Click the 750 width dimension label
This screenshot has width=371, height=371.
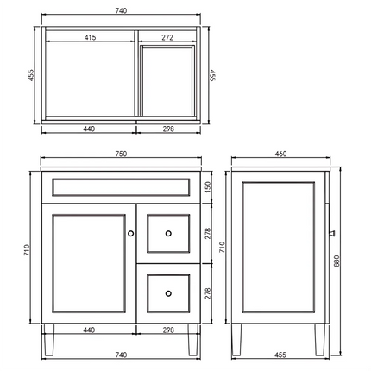pos(121,154)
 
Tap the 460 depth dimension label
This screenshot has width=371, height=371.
pos(280,154)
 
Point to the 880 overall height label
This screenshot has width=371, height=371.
pos(336,261)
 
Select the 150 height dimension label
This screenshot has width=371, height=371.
pos(208,187)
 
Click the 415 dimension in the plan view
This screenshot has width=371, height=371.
pos(90,37)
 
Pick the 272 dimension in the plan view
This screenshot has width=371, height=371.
pos(167,37)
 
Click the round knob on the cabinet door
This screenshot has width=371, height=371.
pos(130,233)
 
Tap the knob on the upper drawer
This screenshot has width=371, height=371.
pos(168,233)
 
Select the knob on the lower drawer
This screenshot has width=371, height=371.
pos(168,293)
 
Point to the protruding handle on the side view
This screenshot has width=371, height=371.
pos(332,233)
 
